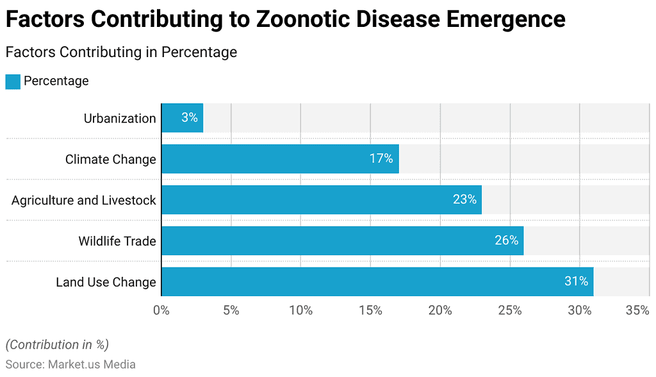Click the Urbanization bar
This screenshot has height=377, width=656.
tap(182, 118)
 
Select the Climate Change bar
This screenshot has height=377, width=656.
tap(280, 158)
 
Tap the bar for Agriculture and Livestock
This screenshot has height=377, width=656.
tap(321, 199)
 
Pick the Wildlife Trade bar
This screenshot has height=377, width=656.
tap(342, 240)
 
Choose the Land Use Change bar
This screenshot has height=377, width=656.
tap(377, 281)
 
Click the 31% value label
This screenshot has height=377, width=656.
tap(576, 281)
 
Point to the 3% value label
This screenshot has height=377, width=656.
tap(190, 118)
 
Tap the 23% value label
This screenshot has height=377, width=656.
tap(464, 199)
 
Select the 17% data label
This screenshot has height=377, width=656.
tap(381, 158)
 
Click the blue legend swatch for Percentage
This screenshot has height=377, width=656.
tap(13, 81)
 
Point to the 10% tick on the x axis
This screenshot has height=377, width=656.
tap(301, 310)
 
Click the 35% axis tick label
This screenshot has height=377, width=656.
tap(637, 310)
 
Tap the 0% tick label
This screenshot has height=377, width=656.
tap(161, 310)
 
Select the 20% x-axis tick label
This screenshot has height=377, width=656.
tap(441, 310)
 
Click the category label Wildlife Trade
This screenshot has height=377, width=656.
tap(117, 241)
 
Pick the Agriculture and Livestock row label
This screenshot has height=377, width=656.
tap(83, 200)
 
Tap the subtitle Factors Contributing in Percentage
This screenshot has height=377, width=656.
tap(121, 52)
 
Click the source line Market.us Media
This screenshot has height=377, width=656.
tap(70, 364)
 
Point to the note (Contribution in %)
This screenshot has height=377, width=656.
tap(57, 344)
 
